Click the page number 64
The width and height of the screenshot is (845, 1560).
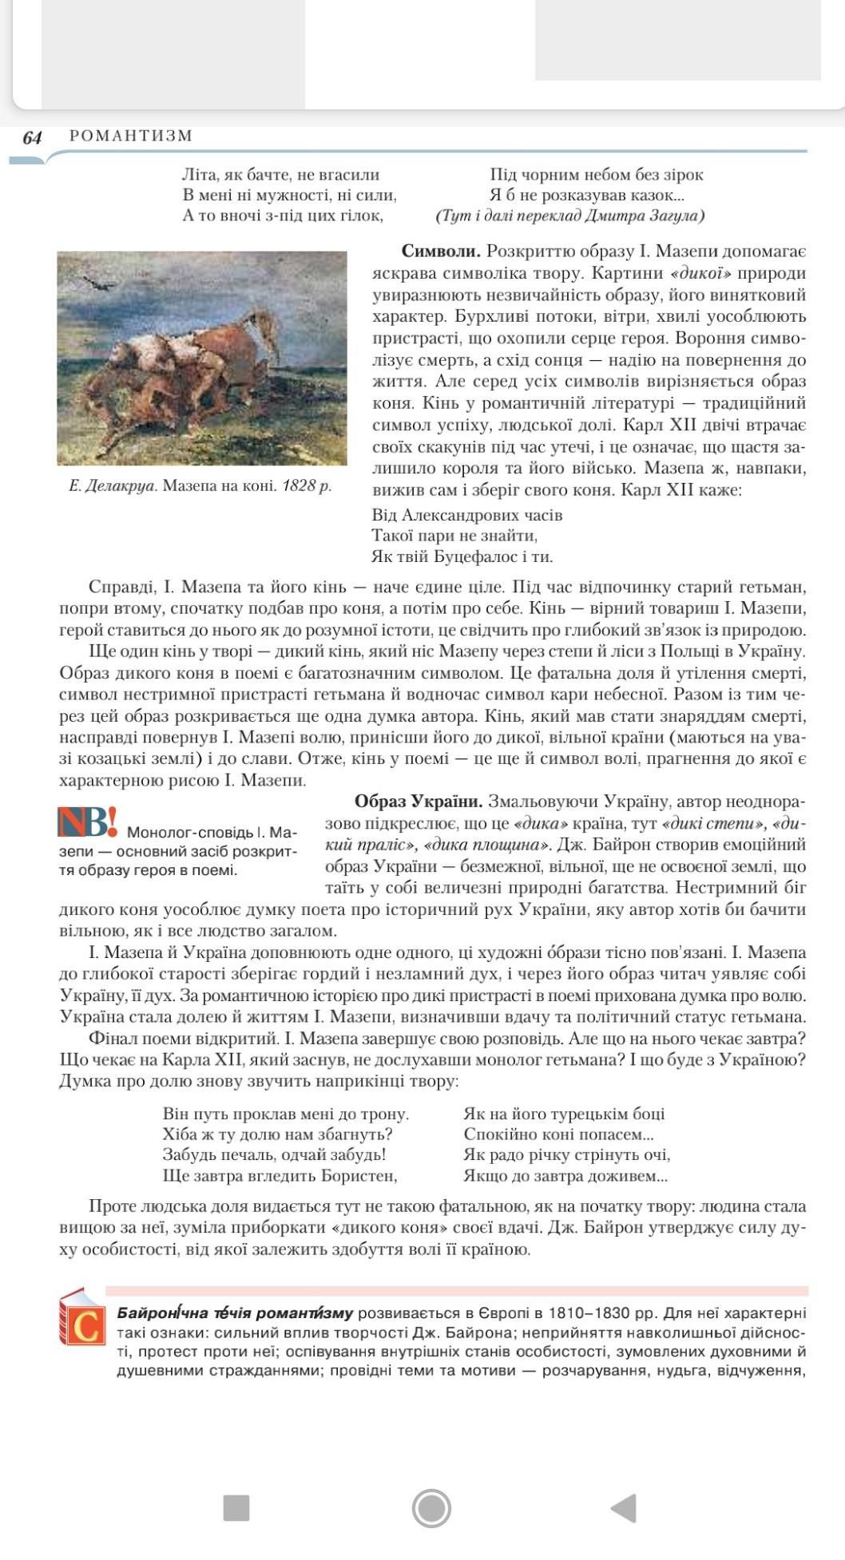[32, 137]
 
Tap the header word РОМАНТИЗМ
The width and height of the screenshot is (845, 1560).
[131, 136]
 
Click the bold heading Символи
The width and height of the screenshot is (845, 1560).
[441, 251]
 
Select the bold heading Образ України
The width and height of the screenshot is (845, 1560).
[419, 801]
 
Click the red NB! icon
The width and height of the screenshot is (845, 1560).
[87, 822]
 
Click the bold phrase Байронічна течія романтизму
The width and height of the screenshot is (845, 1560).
[235, 1313]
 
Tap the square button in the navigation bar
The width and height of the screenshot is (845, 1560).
[236, 1508]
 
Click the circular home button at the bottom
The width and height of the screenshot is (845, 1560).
[432, 1508]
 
